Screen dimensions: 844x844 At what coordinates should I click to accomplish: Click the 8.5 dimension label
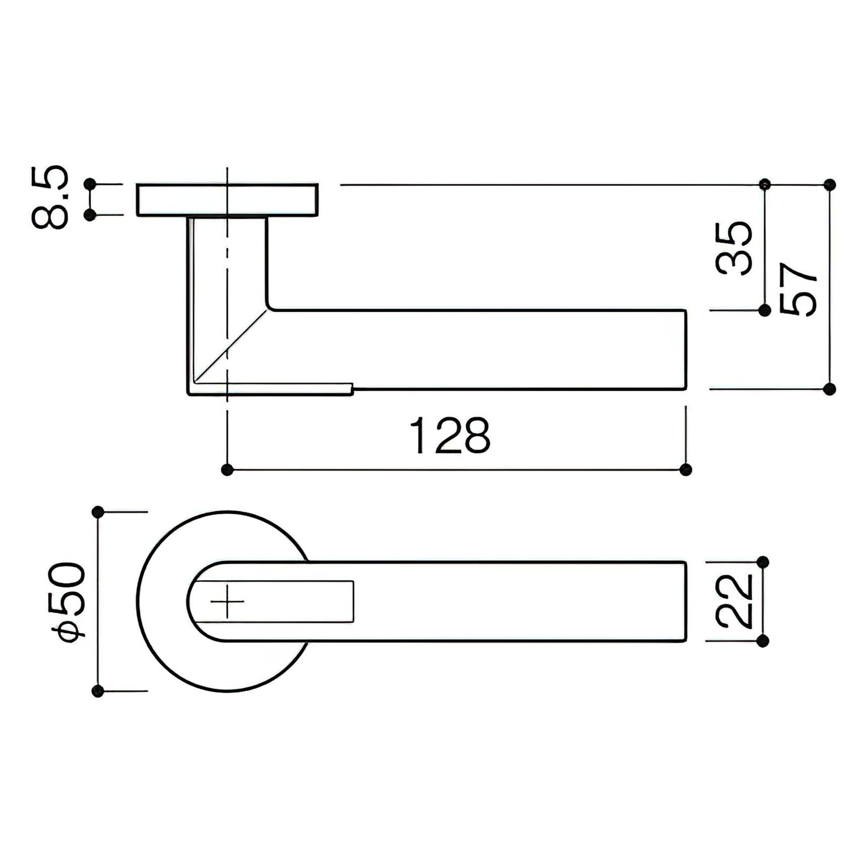[49, 197]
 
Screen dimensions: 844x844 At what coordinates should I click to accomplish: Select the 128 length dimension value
[450, 435]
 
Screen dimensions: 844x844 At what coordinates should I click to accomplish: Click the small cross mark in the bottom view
[227, 601]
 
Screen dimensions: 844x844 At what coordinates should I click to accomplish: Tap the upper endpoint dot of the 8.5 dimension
[91, 184]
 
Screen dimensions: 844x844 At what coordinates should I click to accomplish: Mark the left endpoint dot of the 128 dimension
[228, 470]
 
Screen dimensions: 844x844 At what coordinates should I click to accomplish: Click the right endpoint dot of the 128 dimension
[685, 470]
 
